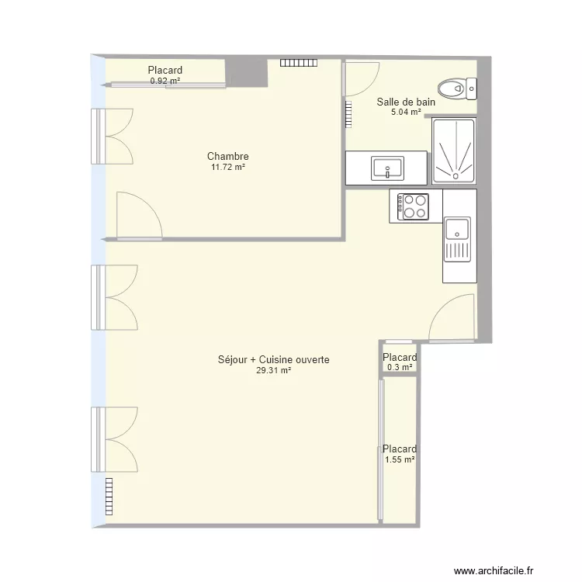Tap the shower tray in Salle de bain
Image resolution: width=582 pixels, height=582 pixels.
pyautogui.click(x=454, y=151)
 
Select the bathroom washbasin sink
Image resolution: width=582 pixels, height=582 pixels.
pyautogui.click(x=386, y=168)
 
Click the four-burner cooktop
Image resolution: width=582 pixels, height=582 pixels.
pyautogui.click(x=414, y=206)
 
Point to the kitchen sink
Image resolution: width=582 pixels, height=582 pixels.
pyautogui.click(x=457, y=230)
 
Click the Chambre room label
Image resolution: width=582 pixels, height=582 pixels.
pyautogui.click(x=227, y=156)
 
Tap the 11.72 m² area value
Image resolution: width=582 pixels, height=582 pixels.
pyautogui.click(x=227, y=167)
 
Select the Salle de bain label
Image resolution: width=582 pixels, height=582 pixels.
pyautogui.click(x=406, y=102)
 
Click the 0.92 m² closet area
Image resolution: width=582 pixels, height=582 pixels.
pyautogui.click(x=165, y=80)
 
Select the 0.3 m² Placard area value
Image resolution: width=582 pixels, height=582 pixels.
pyautogui.click(x=400, y=368)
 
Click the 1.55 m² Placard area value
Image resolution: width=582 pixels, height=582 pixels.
pyautogui.click(x=400, y=459)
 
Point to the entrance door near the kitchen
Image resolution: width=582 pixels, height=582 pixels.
pyautogui.click(x=452, y=318)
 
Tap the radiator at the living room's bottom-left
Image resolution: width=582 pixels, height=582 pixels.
pyautogui.click(x=108, y=490)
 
